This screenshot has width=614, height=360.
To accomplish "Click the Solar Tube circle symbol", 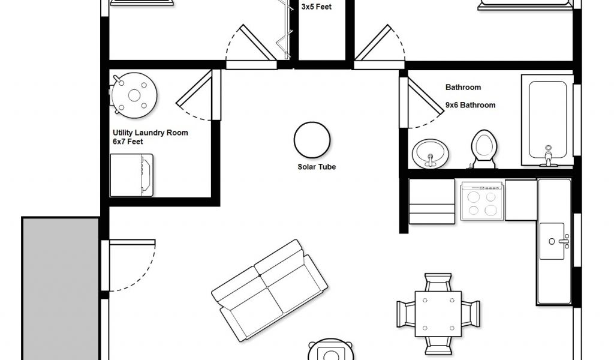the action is pyautogui.click(x=312, y=140).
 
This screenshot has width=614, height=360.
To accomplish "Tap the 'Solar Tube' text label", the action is pyautogui.click(x=317, y=166).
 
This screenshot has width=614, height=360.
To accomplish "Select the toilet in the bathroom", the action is pyautogui.click(x=484, y=149).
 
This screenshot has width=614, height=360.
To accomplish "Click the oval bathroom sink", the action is pyautogui.click(x=431, y=154).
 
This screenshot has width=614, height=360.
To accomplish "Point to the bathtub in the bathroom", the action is pyautogui.click(x=547, y=120).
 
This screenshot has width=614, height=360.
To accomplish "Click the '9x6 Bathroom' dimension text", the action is pyautogui.click(x=470, y=105).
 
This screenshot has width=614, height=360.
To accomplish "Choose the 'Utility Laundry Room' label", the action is pyautogui.click(x=151, y=133).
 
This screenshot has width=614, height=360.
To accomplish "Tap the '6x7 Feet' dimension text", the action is pyautogui.click(x=128, y=142).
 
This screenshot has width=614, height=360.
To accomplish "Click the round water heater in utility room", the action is pyautogui.click(x=134, y=95).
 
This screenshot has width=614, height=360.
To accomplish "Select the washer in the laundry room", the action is pyautogui.click(x=131, y=175).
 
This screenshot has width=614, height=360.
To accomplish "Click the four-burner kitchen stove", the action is pyautogui.click(x=482, y=200).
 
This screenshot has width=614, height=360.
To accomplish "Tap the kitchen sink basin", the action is pyautogui.click(x=552, y=241).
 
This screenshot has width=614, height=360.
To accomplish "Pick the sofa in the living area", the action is pyautogui.click(x=269, y=290).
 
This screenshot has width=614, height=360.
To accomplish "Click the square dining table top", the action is pyautogui.click(x=438, y=313).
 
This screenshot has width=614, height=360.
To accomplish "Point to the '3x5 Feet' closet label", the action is pyautogui.click(x=317, y=7).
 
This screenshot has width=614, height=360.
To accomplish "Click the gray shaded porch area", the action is pyautogui.click(x=61, y=289).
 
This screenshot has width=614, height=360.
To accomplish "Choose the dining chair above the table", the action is pyautogui.click(x=438, y=282).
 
